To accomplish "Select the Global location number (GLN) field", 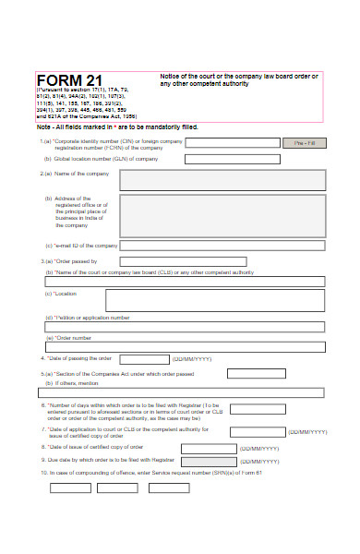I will click(232, 159).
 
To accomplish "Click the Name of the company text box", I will click(222, 179).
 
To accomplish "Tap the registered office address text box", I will click(222, 215).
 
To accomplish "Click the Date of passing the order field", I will click(140, 358).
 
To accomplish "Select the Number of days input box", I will click(257, 408).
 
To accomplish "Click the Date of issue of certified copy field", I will click(209, 447).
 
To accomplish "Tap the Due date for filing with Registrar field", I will click(209, 460).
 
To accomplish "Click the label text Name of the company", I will click(70, 174).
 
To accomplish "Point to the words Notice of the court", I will click(190, 75).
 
